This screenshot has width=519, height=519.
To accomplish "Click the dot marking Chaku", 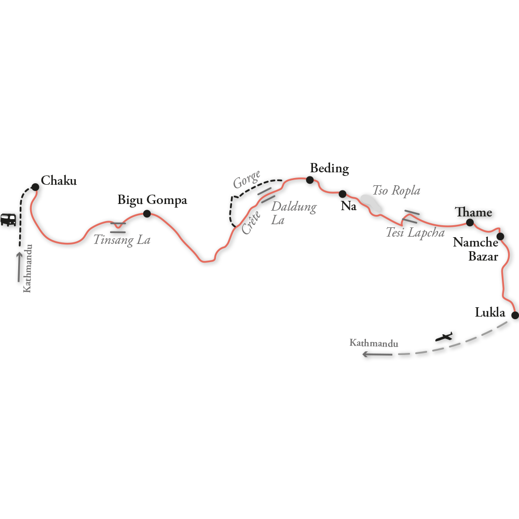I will tap(35, 187).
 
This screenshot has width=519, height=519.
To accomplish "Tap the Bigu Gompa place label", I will tap(152, 200).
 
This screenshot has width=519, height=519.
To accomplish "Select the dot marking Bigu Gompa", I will tap(147, 213).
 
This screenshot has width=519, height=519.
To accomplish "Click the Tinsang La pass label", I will tap(122, 240).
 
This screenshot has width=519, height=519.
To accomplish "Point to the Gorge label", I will tap(247, 180).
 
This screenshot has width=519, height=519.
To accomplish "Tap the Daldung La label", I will tap(293, 213).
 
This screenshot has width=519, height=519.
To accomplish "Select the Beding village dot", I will tap(310, 180).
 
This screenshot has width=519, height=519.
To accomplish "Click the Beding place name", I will tap(329, 168).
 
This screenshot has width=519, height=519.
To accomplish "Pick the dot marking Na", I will tap(343, 194).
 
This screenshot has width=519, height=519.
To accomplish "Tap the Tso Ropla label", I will tap(397, 190).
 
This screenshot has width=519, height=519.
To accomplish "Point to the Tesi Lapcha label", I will tap(415, 233).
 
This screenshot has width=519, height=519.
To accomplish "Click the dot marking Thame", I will tap(470, 223).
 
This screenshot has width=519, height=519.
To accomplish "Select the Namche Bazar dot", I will tap(500, 237).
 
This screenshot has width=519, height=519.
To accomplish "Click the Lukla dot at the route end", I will tap(515, 315).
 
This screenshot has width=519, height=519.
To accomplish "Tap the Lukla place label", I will tap(490, 312).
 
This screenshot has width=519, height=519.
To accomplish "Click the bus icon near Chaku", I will tap(8, 220).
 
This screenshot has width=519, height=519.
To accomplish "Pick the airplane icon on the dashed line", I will tap(445, 337).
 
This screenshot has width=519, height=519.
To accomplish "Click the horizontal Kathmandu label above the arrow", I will tap(374, 343).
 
